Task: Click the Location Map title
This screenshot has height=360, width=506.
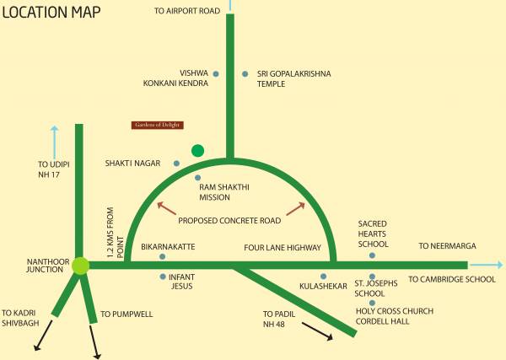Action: [52, 13]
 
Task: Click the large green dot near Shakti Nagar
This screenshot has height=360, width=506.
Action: [197, 150]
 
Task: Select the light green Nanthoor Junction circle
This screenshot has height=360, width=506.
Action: [80, 266]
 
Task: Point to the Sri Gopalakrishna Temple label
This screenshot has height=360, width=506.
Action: [294, 79]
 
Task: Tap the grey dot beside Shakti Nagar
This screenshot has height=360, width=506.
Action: [176, 163]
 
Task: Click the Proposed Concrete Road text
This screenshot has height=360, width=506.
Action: [229, 221]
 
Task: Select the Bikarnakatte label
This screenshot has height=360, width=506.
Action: [168, 247]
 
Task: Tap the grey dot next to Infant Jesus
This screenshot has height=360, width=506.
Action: [163, 277]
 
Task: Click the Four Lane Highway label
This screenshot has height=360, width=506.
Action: [283, 248]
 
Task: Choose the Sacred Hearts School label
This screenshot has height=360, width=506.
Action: [373, 234]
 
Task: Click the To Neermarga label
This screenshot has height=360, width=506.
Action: [448, 246]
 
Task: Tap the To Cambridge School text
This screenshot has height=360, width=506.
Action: [452, 279]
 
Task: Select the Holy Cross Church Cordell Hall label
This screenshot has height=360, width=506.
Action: [394, 316]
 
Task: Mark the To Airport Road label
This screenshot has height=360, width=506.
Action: [188, 11]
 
